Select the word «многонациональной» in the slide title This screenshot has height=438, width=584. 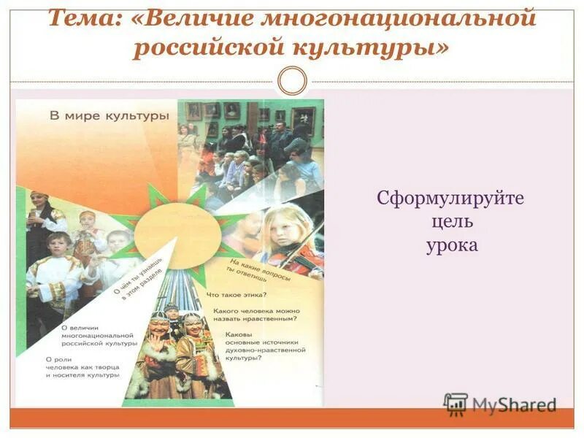[404, 18]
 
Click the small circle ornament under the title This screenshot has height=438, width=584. [293, 80]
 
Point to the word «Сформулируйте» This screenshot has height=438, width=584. [450, 199]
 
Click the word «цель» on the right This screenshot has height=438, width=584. [451, 221]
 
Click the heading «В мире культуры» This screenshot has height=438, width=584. [109, 116]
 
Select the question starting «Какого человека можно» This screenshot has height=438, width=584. [255, 315]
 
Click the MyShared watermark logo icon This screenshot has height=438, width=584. [456, 404]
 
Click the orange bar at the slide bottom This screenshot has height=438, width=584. [292, 418]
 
